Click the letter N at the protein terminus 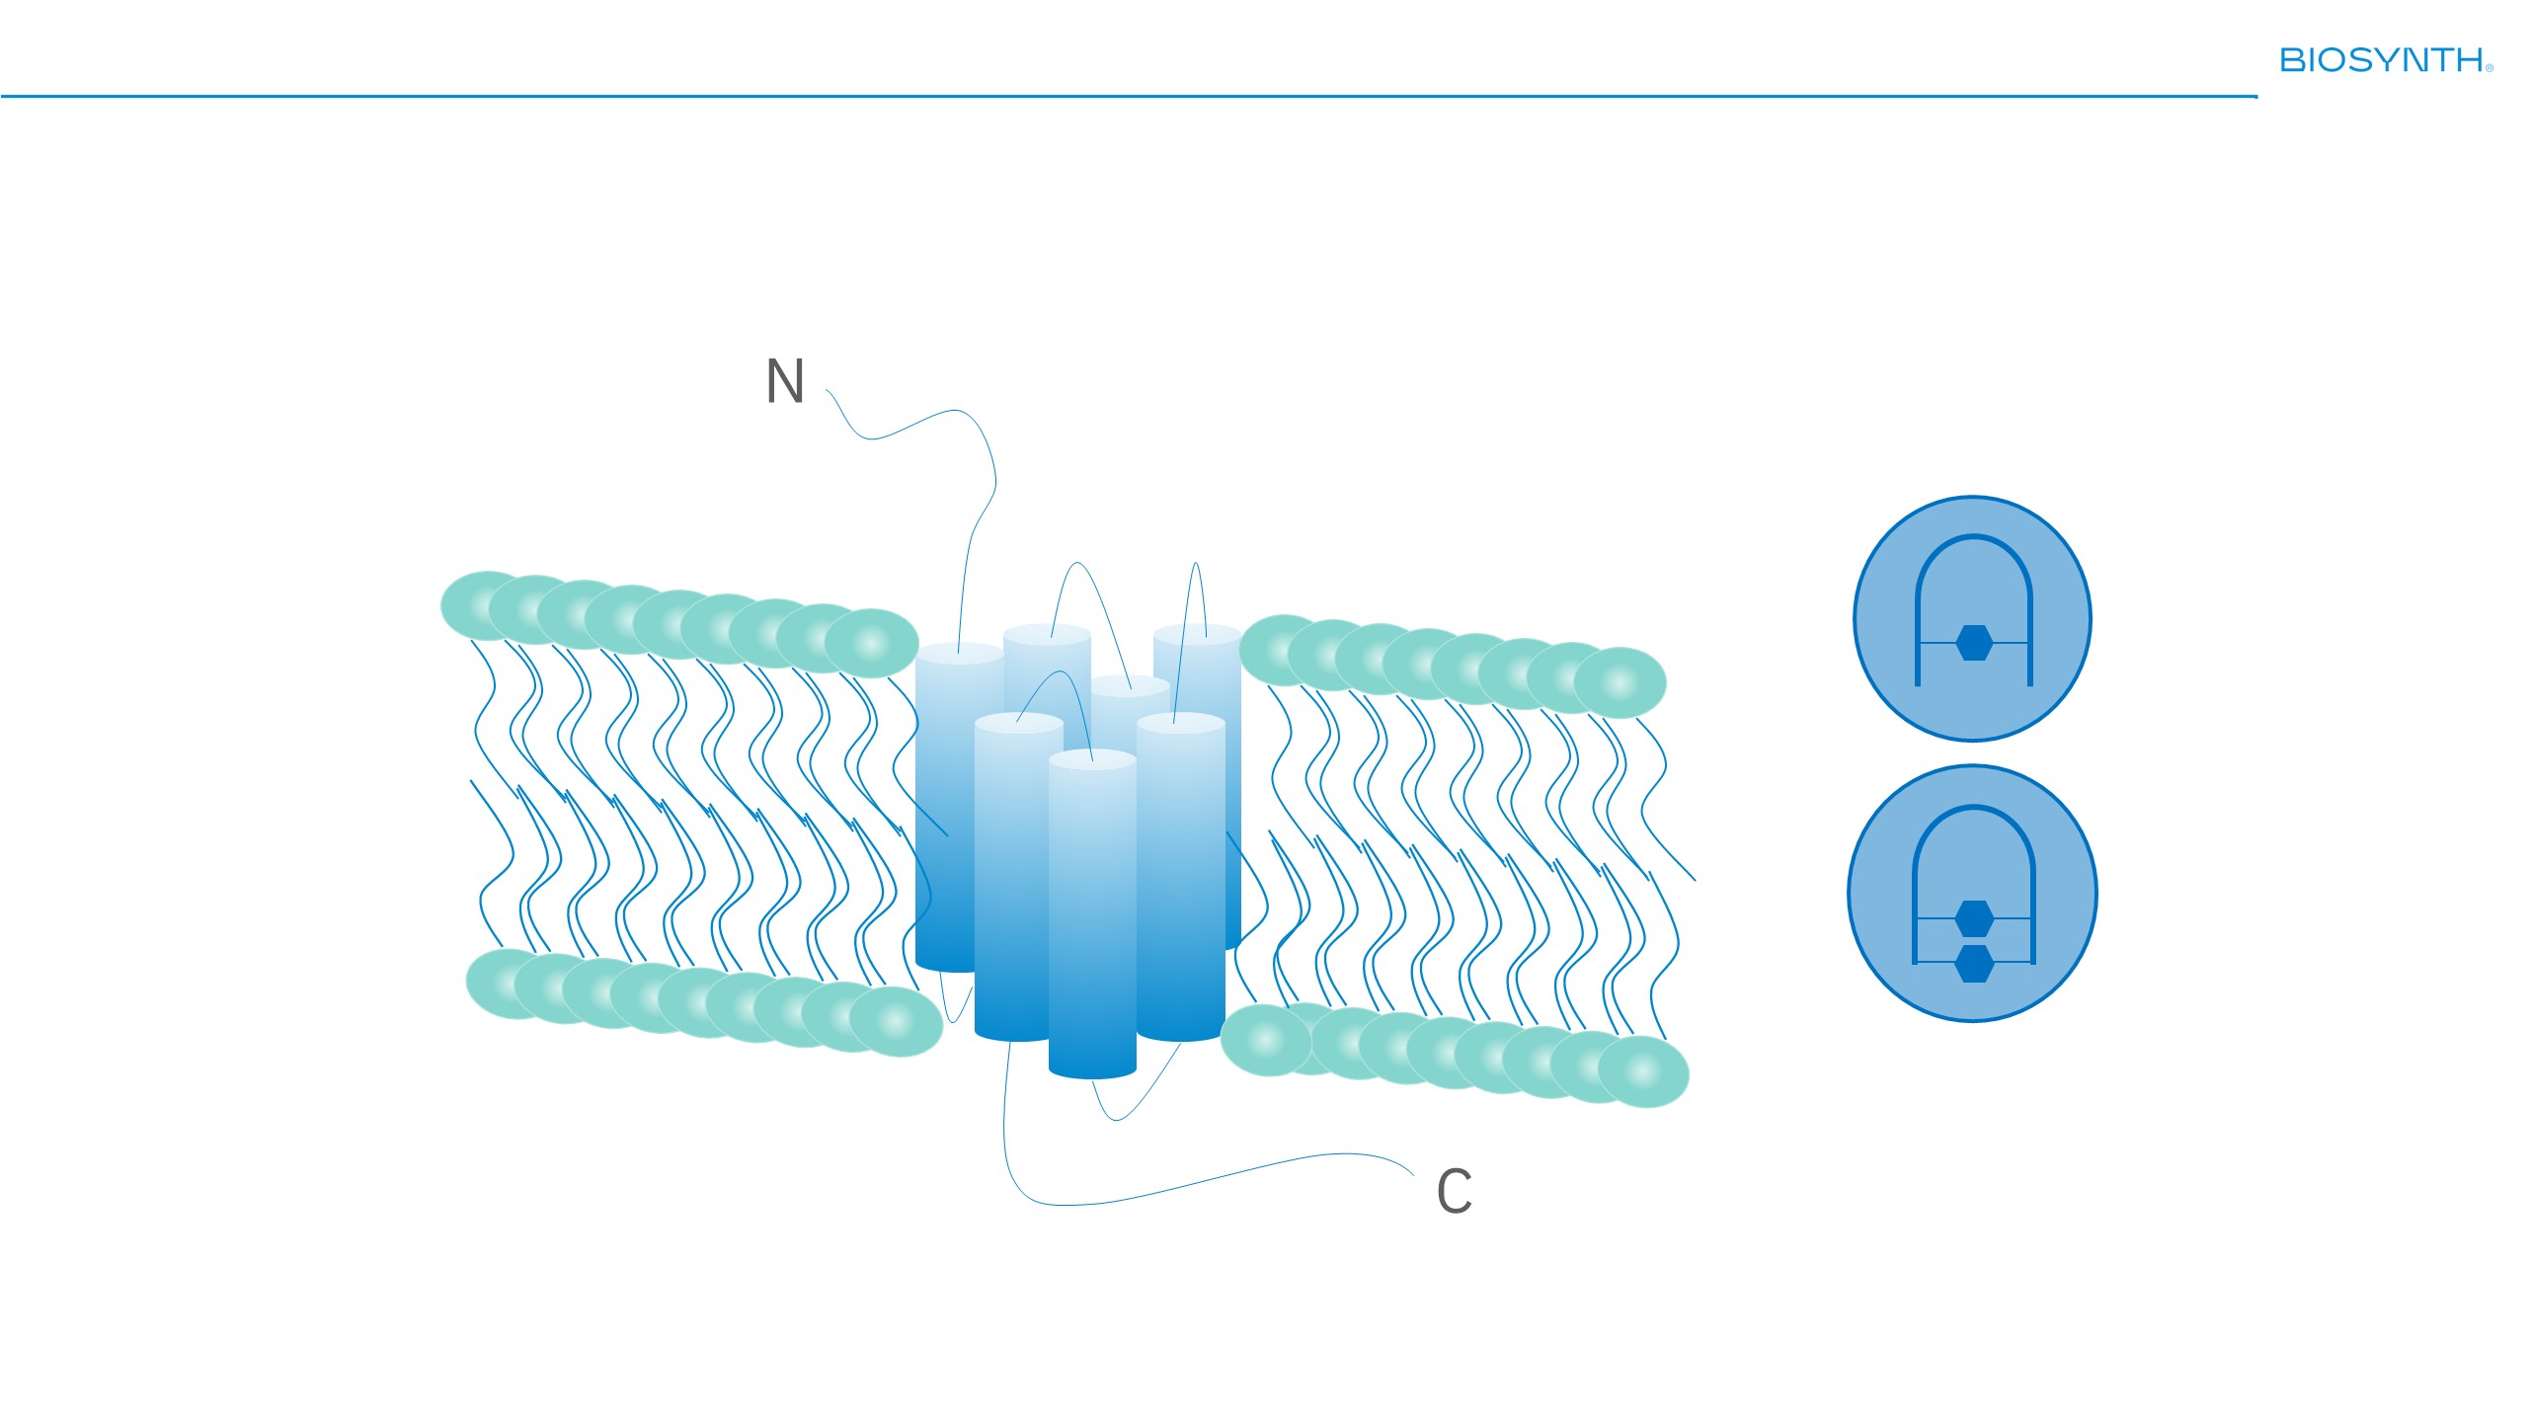click(x=785, y=380)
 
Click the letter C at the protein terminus click(x=1455, y=1191)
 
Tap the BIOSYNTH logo click(x=2386, y=60)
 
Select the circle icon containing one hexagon click(x=1972, y=618)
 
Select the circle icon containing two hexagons click(x=1972, y=893)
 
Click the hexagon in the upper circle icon click(x=1974, y=643)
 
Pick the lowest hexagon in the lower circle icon click(x=1974, y=963)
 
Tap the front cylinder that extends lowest click(x=1092, y=913)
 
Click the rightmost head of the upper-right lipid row click(x=1619, y=682)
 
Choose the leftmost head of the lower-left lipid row click(x=512, y=984)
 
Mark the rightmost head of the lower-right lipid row click(x=1643, y=1071)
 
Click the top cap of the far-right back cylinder click(x=1197, y=634)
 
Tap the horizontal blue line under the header click(x=1129, y=97)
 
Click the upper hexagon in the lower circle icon click(x=1974, y=918)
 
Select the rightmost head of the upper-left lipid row click(x=871, y=644)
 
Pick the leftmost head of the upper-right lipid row click(x=1284, y=650)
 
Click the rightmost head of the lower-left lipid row click(x=896, y=1021)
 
